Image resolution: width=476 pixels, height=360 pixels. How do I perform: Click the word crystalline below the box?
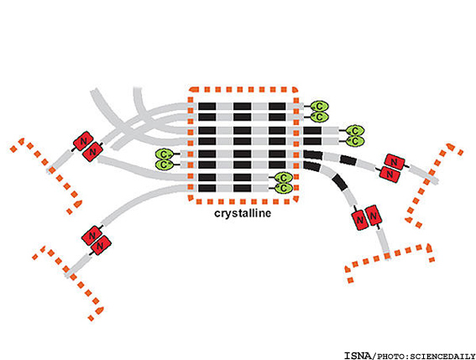click(243, 213)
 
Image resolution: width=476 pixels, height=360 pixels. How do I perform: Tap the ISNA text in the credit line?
click(358, 356)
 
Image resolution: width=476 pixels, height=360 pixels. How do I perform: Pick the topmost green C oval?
click(319, 107)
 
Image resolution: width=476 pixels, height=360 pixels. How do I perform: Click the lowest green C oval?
click(284, 188)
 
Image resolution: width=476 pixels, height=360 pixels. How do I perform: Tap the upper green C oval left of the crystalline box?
click(164, 154)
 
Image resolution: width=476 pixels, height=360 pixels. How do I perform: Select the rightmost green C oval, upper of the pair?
click(355, 131)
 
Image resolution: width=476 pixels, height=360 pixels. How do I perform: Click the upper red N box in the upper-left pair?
click(83, 141)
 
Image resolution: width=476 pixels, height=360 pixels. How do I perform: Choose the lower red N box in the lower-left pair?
click(101, 245)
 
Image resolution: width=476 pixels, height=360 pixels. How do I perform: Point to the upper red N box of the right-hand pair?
click(395, 162)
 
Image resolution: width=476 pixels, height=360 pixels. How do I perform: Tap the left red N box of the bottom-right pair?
click(360, 219)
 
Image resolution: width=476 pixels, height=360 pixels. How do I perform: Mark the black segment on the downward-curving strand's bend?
click(340, 182)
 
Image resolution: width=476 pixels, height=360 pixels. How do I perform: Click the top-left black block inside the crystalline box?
click(207, 107)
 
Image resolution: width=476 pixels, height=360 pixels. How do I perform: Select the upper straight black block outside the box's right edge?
click(312, 131)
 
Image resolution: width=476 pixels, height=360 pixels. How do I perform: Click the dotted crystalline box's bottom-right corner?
click(295, 200)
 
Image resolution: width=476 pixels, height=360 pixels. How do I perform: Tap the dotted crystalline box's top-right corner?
click(295, 90)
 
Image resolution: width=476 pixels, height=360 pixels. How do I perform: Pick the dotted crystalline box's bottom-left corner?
click(191, 200)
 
